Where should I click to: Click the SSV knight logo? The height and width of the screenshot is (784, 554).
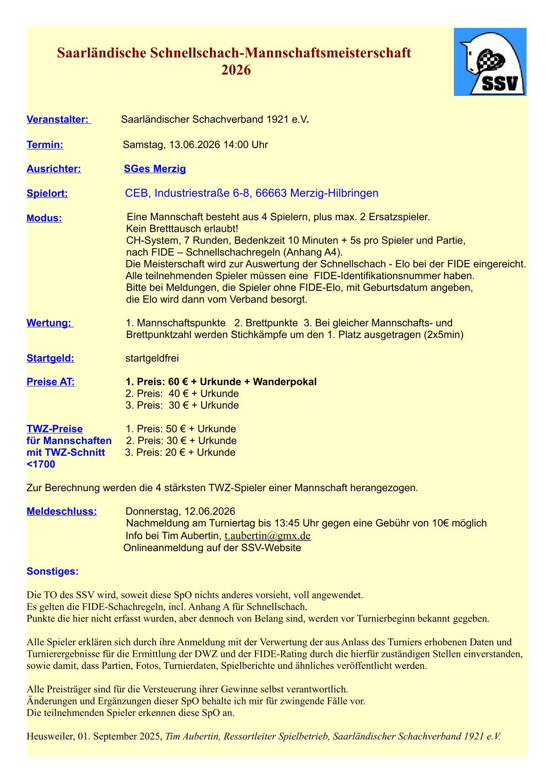(x=490, y=62)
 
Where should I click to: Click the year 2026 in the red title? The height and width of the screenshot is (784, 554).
(x=236, y=70)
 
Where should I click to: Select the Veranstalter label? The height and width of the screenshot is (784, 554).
(x=58, y=120)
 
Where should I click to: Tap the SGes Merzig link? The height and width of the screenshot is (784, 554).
(x=155, y=169)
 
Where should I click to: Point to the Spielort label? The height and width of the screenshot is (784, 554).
(x=47, y=194)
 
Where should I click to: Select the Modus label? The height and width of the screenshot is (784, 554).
(x=44, y=218)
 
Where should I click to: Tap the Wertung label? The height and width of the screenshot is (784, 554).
(x=49, y=323)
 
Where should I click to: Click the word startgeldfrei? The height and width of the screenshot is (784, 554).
(x=152, y=358)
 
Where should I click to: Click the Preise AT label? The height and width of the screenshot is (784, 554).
(x=51, y=382)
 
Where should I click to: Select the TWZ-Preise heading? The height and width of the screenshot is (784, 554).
(x=54, y=429)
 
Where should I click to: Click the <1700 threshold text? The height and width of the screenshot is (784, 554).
(x=41, y=465)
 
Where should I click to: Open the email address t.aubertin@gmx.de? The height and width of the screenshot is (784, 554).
(x=267, y=536)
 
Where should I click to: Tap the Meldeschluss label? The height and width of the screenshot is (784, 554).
(x=62, y=512)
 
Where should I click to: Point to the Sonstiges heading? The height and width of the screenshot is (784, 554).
(x=53, y=572)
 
